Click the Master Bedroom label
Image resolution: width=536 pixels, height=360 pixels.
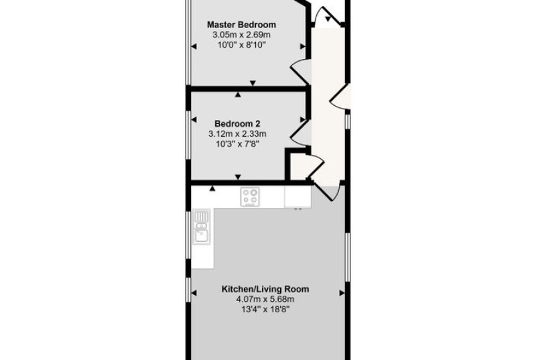[241, 25]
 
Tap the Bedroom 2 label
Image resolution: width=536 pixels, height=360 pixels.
[238, 123]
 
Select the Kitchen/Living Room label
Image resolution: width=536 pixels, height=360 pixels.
[265, 289]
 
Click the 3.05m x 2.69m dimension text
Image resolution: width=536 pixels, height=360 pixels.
[241, 35]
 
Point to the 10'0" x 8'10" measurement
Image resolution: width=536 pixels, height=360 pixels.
[242, 45]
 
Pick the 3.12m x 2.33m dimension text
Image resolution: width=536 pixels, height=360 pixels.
[237, 133]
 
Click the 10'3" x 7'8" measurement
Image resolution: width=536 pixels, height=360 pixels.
[238, 144]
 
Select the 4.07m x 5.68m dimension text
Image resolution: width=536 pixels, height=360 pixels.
[265, 300]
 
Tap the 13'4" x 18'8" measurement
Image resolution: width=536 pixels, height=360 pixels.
[265, 310]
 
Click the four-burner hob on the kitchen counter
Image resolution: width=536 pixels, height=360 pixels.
[250, 196]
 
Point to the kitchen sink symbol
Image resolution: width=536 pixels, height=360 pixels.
[202, 227]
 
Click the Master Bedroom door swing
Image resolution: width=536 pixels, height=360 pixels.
[300, 72]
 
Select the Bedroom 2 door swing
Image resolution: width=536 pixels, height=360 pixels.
[300, 133]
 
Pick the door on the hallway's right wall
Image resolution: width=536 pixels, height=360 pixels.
[340, 97]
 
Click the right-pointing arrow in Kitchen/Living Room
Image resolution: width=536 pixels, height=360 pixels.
[342, 293]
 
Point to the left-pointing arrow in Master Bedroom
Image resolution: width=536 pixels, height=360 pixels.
[194, 46]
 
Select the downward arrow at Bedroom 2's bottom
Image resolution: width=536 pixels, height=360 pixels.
[238, 177]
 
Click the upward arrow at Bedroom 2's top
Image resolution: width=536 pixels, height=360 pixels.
[238, 95]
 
